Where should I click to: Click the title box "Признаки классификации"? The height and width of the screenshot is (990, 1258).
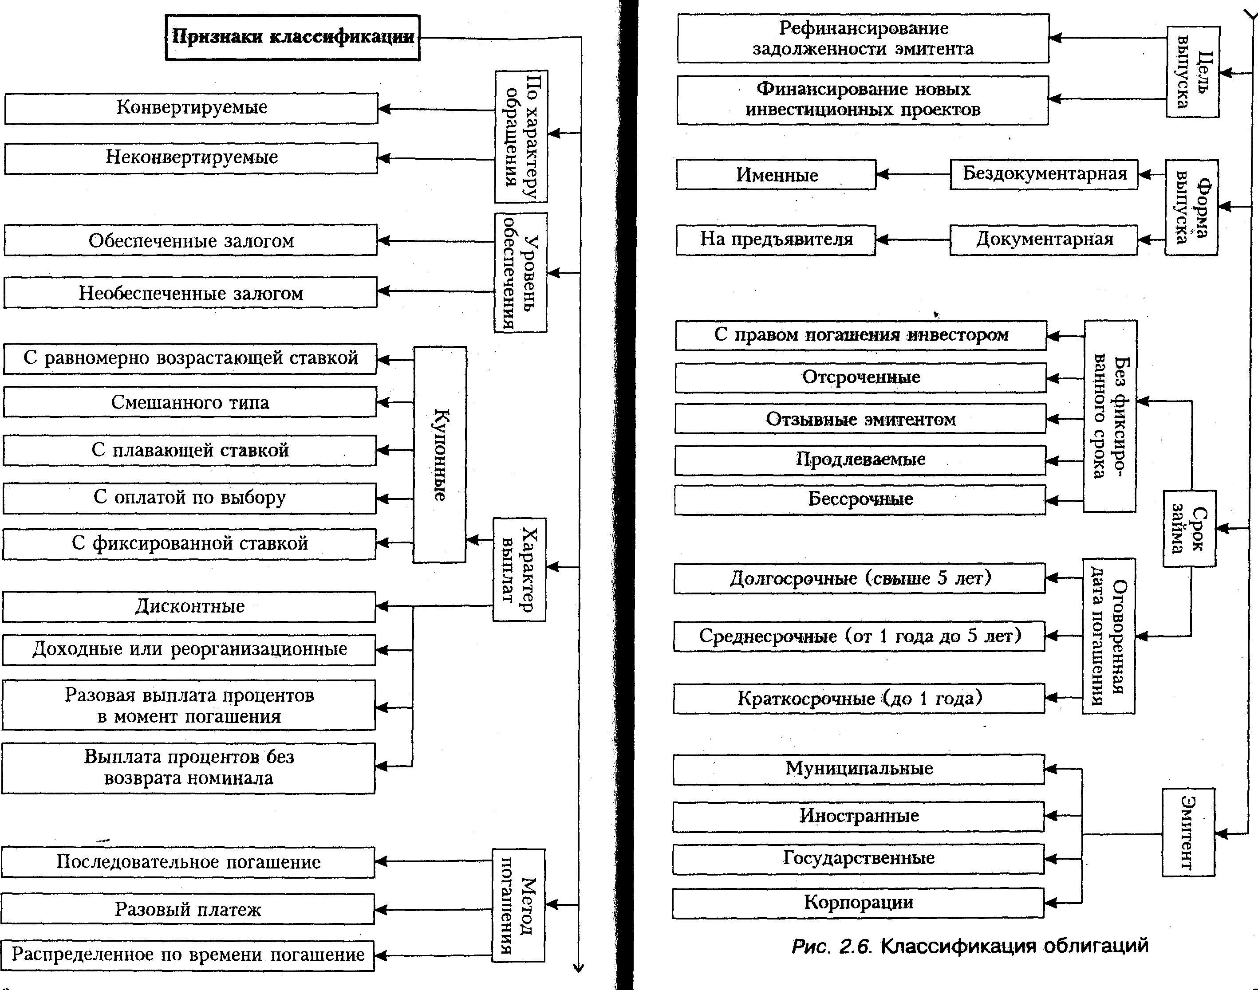[293, 38]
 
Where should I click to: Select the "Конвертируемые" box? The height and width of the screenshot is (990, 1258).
[191, 108]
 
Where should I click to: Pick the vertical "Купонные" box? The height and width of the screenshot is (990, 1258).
[439, 455]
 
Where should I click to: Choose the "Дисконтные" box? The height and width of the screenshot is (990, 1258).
[189, 607]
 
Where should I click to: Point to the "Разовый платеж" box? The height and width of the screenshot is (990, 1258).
[188, 909]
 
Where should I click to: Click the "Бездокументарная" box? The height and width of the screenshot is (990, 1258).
[1044, 174]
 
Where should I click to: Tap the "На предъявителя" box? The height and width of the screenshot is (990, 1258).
[776, 240]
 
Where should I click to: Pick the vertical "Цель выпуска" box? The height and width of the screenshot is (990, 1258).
[1192, 72]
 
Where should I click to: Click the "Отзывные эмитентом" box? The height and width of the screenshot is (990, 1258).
[860, 419]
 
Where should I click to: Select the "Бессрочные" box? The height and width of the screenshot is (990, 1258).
[860, 499]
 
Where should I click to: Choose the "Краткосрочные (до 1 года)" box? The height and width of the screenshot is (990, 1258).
[859, 699]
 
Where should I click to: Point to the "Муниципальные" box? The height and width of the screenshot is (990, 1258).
[859, 769]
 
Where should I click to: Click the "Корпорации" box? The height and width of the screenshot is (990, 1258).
[858, 903]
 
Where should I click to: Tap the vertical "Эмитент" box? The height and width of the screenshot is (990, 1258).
[1188, 833]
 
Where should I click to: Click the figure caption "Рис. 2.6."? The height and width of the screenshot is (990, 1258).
[832, 947]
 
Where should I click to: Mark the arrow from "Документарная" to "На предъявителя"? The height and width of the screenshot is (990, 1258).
[912, 240]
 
